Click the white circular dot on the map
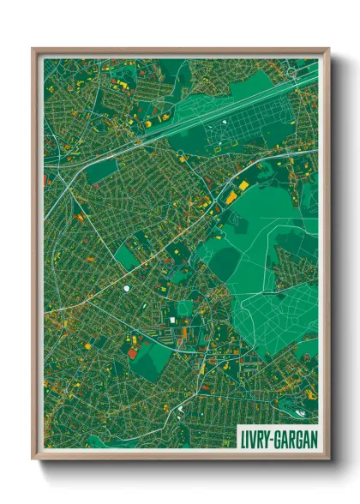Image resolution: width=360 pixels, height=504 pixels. click(127, 288)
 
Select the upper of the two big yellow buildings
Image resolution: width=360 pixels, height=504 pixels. click(243, 185)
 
